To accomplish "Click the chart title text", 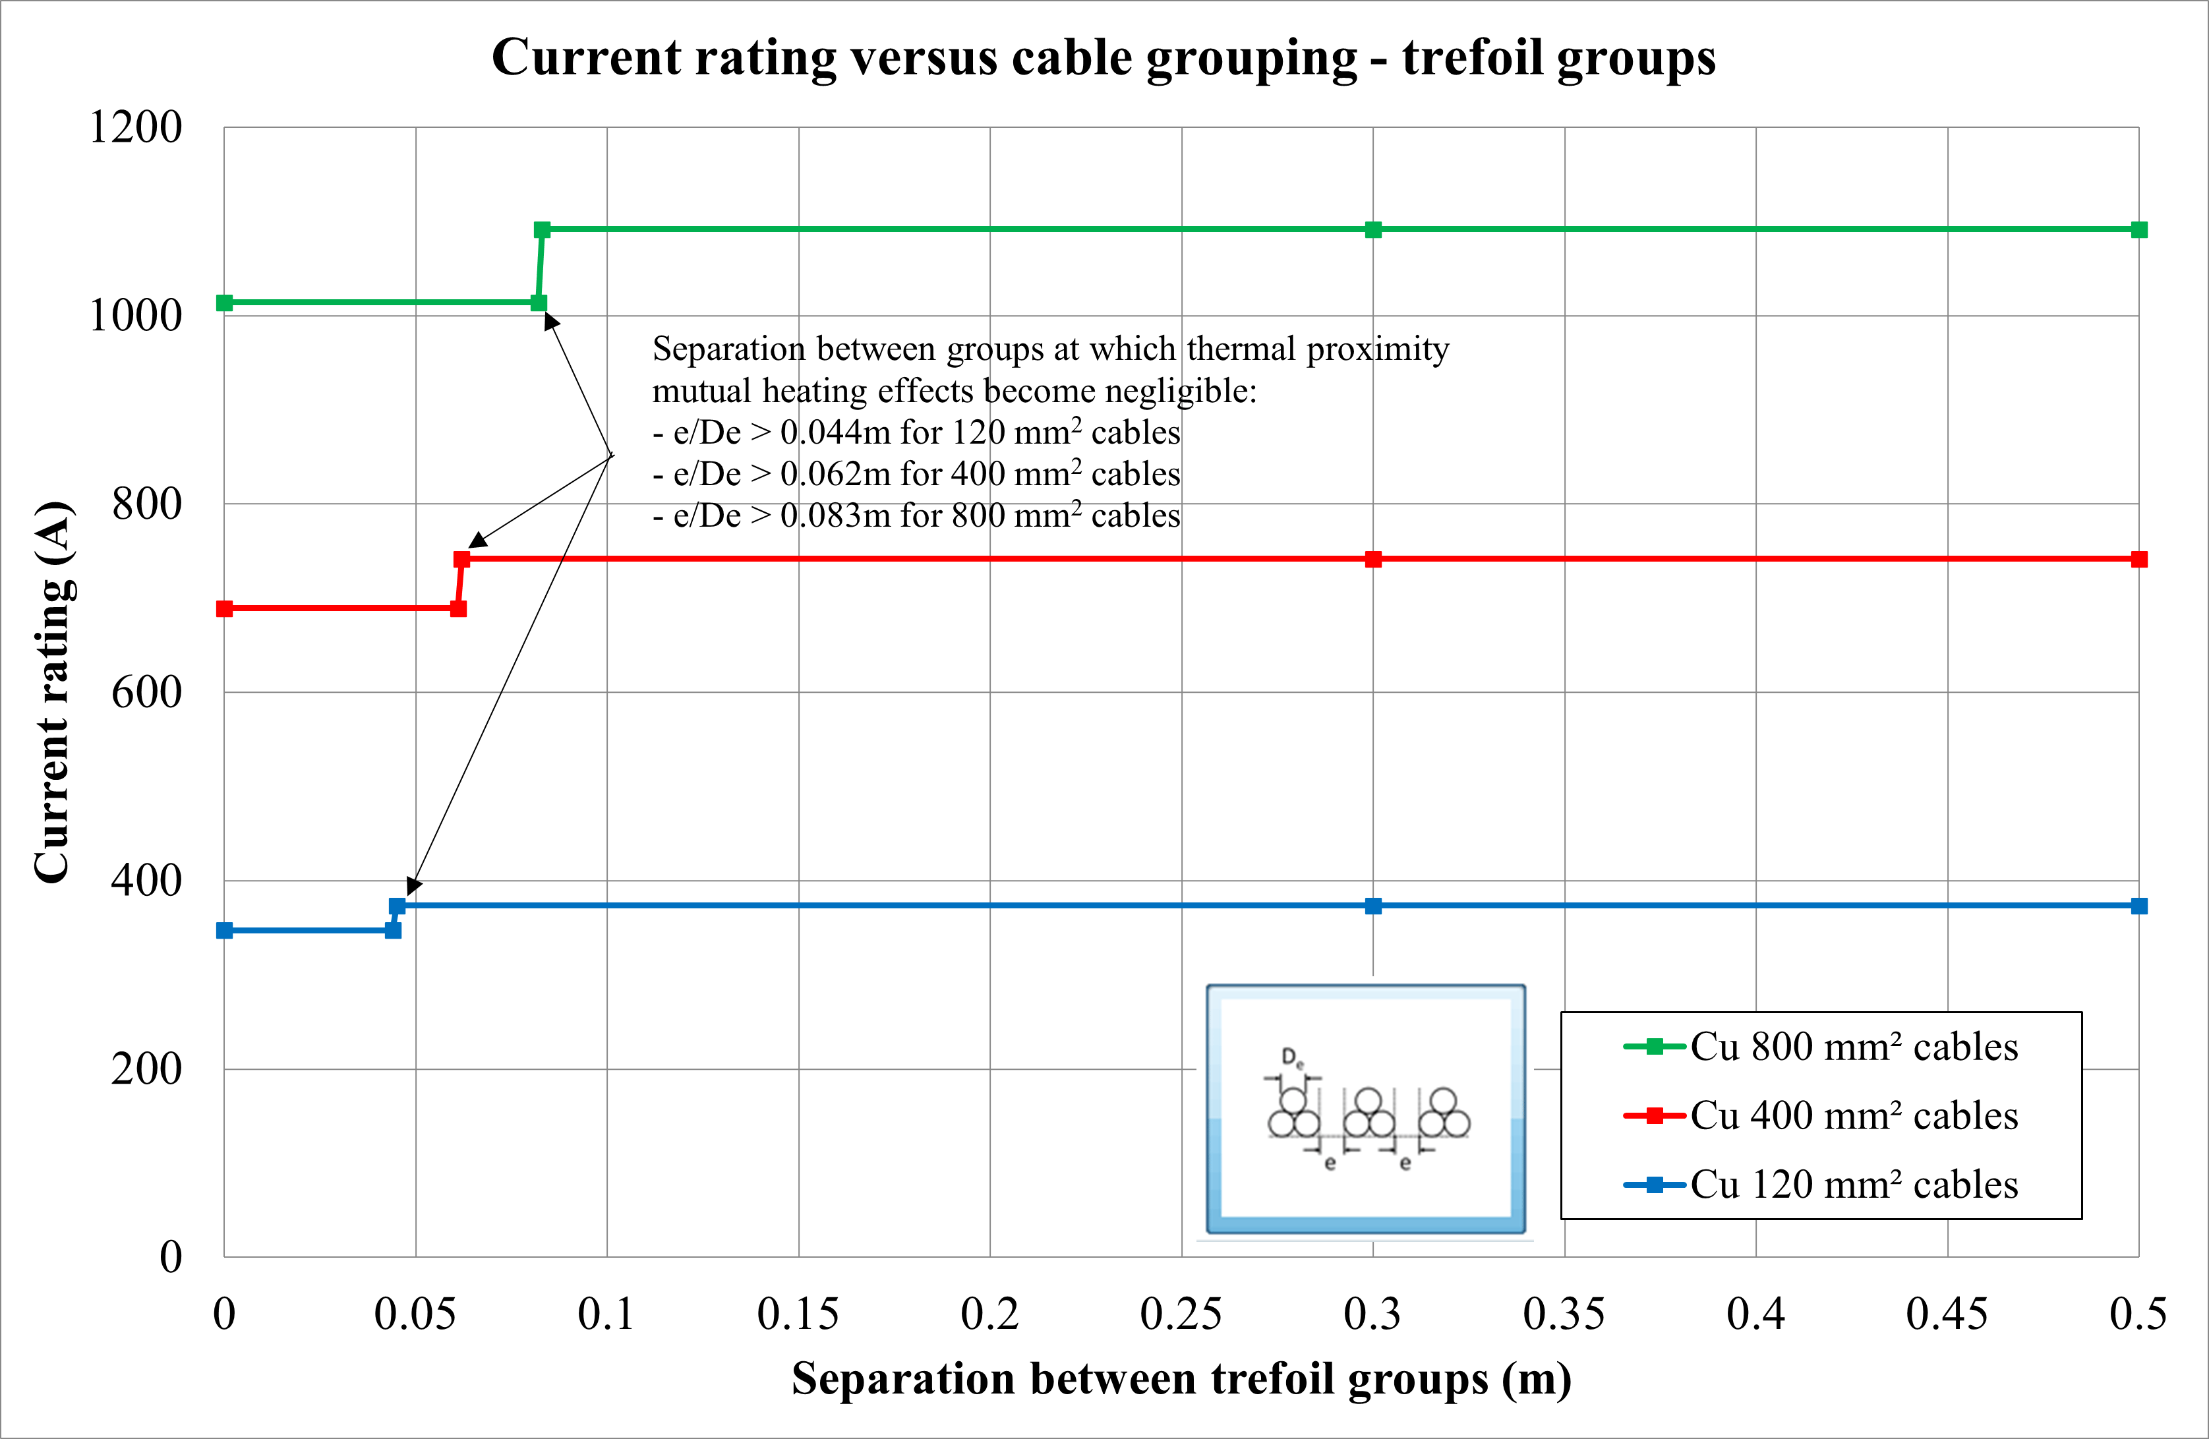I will point(1103,57).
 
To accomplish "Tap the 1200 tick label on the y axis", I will point(136,127).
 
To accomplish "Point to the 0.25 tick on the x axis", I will point(1181,1314).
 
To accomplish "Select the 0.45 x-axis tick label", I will point(1947,1314).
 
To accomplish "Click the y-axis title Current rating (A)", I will point(53,691).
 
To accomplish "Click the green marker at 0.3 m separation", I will point(1372,229).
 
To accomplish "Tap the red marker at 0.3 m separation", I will point(1372,559).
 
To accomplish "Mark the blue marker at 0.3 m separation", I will point(1372,906).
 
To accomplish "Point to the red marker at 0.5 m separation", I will point(2138,559).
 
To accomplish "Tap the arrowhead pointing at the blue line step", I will point(413,886).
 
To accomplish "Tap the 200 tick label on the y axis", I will point(146,1069).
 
